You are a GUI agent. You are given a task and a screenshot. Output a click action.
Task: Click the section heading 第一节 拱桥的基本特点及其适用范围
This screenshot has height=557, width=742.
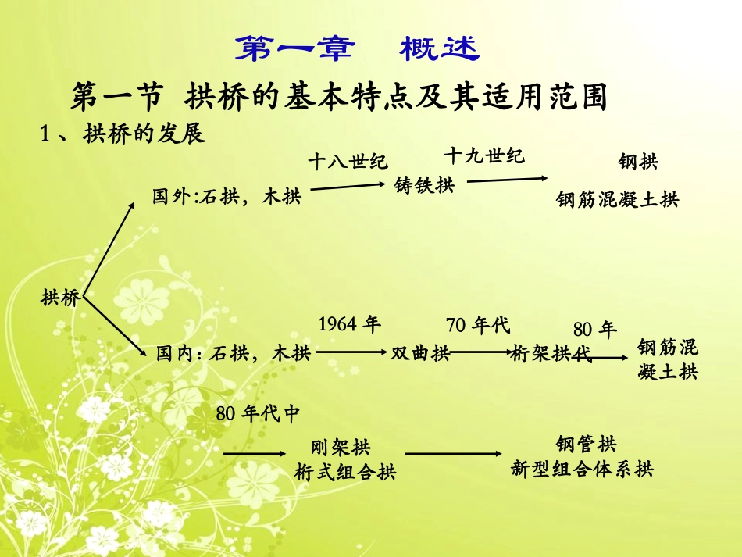[339, 98]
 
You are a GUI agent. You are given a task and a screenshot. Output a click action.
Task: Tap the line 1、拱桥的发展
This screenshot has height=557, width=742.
[123, 134]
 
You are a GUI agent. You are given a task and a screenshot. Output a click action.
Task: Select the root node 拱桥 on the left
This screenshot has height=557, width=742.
[60, 298]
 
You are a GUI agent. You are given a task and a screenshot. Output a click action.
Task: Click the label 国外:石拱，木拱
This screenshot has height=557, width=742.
[227, 198]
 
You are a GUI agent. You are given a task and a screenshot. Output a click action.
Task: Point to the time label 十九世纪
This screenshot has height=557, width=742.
[484, 155]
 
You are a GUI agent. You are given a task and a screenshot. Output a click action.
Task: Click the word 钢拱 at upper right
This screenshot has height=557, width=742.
[638, 162]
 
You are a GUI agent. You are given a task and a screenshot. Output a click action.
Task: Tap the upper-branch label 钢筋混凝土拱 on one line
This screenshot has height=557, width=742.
[617, 200]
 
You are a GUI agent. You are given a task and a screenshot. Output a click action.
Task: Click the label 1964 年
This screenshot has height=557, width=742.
[349, 324]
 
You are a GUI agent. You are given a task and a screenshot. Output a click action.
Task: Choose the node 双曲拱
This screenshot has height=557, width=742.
[420, 354]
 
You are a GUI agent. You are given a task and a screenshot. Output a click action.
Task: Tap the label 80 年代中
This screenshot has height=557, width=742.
[258, 414]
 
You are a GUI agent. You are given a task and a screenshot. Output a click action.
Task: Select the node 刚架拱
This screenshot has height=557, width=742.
[341, 448]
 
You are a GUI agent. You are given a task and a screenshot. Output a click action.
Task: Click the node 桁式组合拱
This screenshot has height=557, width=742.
[346, 472]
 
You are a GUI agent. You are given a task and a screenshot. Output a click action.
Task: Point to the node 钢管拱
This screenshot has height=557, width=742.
[586, 445]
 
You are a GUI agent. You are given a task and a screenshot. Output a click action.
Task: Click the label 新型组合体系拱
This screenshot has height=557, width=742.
[582, 469]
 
